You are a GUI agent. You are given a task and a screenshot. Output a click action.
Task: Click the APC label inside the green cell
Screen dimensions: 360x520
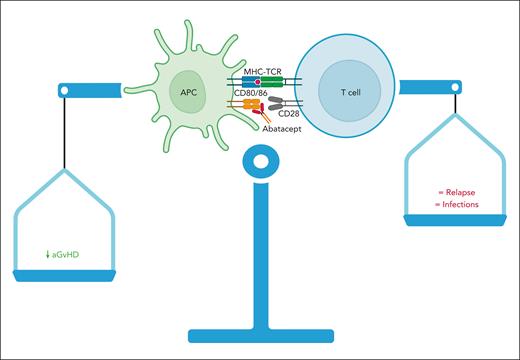pyautogui.click(x=189, y=91)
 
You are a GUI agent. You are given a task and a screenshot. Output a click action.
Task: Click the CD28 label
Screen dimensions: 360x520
pyautogui.click(x=288, y=126)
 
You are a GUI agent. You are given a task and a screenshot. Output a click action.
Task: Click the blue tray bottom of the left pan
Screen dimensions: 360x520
pyautogui.click(x=66, y=275)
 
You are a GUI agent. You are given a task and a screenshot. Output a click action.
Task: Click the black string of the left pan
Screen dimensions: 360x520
pyautogui.click(x=66, y=130)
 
